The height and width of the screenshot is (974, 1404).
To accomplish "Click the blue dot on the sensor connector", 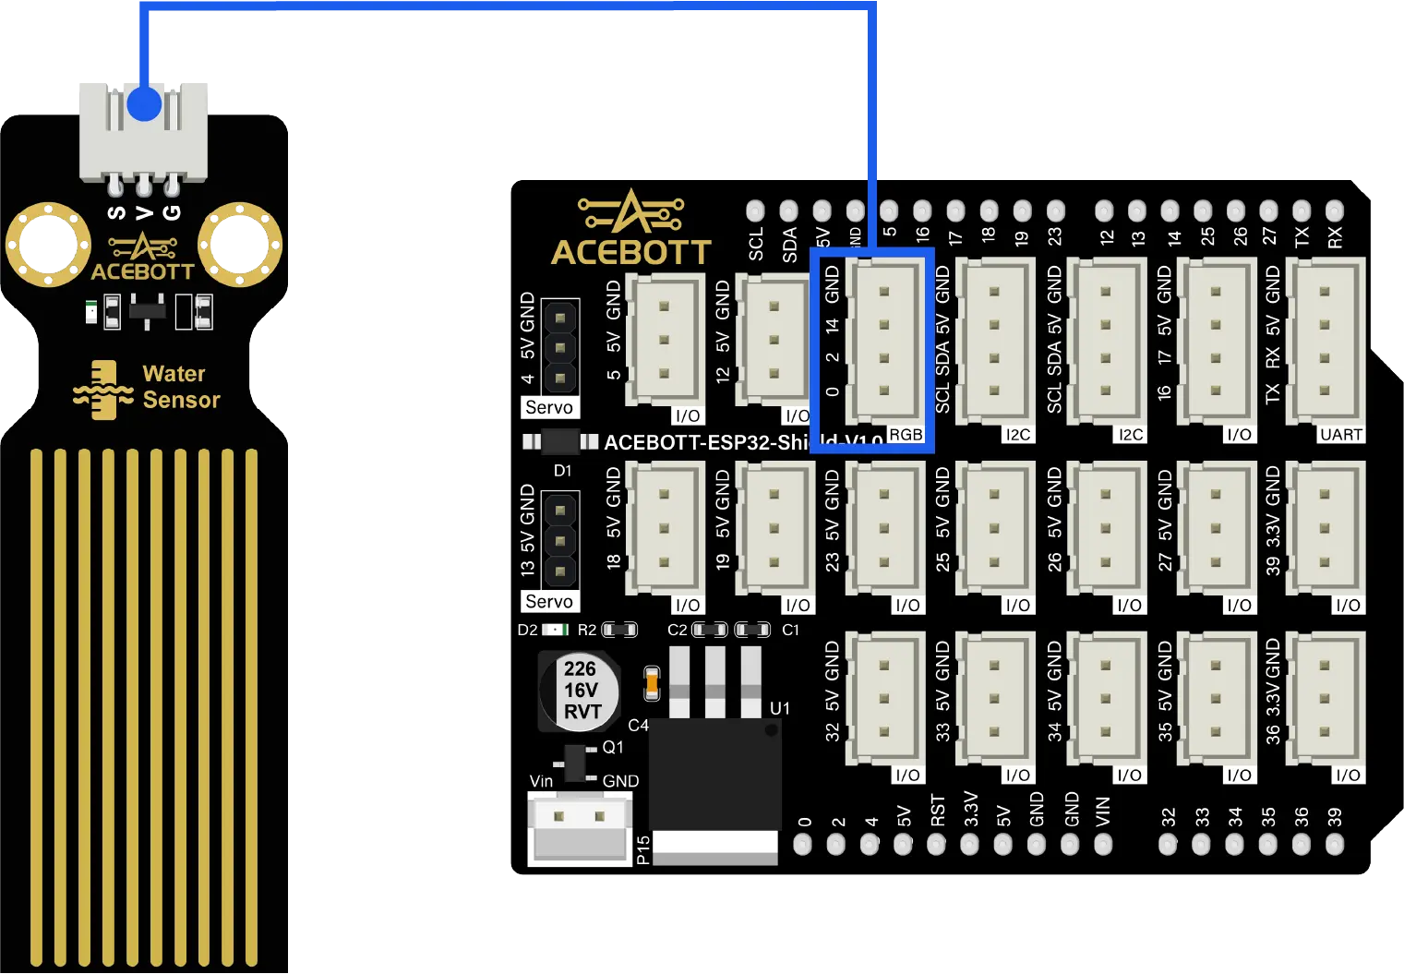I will click(143, 102).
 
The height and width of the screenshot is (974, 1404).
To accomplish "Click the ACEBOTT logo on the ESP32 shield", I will click(630, 230).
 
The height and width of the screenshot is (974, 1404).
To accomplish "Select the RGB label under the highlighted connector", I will click(906, 434).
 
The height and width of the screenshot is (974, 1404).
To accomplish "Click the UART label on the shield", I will click(1340, 434).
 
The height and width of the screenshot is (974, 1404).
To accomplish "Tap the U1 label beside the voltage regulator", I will click(780, 708).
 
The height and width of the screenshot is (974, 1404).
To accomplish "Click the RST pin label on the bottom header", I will click(938, 811).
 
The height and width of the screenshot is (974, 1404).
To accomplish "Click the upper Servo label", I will click(549, 407).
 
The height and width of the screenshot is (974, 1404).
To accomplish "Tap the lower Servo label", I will click(549, 601).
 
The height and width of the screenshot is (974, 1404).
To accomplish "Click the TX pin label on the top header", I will click(1302, 237).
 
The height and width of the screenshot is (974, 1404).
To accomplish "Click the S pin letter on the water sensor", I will click(116, 213).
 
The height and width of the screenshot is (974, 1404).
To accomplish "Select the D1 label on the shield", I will click(562, 471).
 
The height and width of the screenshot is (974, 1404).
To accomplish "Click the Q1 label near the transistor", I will click(612, 747).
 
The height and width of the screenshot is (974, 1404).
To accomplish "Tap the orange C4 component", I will click(652, 683).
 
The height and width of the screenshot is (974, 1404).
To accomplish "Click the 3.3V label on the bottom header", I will click(971, 809).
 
